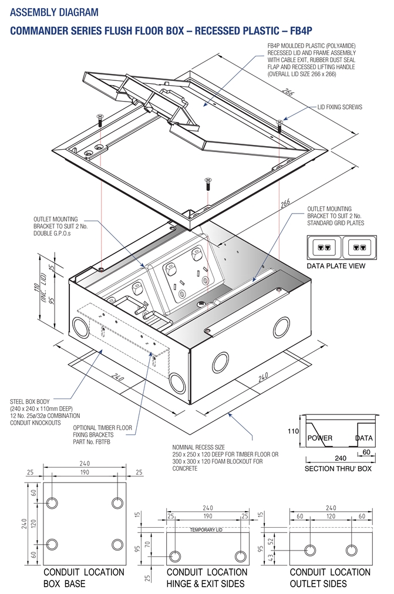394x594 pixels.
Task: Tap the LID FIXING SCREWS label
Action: click(x=340, y=107)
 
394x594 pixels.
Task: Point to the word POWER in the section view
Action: click(x=319, y=438)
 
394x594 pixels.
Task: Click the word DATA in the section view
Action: click(x=364, y=438)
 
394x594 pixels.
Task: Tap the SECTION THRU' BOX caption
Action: click(x=338, y=469)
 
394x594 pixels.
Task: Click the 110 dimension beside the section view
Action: click(x=294, y=431)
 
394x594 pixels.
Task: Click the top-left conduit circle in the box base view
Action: click(x=52, y=503)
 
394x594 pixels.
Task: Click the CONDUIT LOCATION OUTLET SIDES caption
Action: click(x=330, y=578)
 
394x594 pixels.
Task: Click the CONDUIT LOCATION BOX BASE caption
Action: click(x=83, y=578)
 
